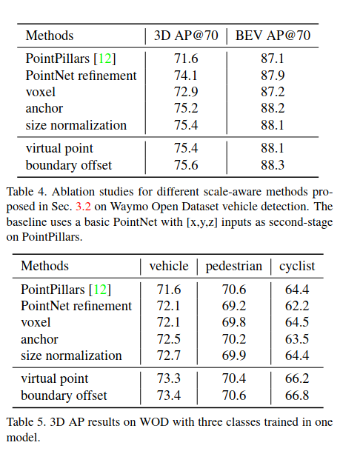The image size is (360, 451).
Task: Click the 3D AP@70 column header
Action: click(x=185, y=35)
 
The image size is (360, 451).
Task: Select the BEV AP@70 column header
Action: click(x=273, y=35)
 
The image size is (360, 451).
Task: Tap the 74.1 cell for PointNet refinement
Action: click(x=185, y=76)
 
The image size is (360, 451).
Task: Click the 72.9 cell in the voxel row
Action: click(x=185, y=92)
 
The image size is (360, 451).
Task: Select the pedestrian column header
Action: click(x=233, y=267)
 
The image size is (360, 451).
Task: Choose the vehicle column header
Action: click(x=169, y=267)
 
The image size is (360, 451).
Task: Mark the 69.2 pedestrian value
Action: click(x=233, y=306)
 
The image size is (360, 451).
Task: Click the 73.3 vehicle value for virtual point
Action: click(x=169, y=379)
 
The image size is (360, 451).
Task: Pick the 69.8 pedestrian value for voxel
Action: click(x=233, y=323)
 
